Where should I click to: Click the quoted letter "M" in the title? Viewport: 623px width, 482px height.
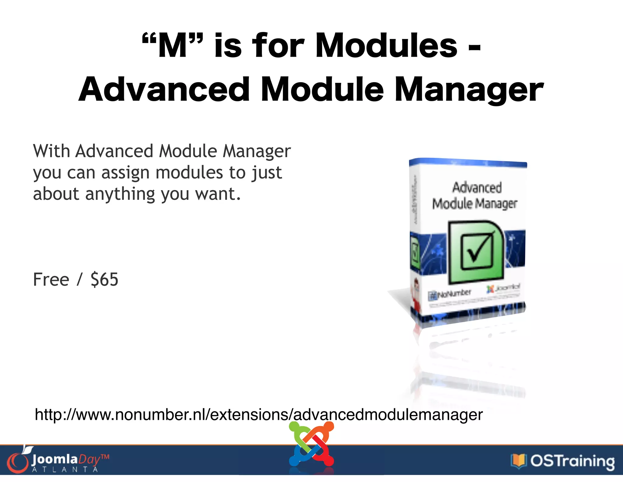coord(172,46)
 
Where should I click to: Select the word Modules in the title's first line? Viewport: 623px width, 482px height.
coord(386,46)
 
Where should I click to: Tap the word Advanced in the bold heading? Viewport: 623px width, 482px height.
coord(164,90)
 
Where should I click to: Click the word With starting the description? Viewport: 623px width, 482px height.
coord(51,151)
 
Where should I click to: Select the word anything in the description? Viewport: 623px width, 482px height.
coord(120,194)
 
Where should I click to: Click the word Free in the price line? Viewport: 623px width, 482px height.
coord(51,279)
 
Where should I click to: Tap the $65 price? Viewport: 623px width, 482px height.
coord(104,279)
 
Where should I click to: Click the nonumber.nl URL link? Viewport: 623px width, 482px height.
coord(259,415)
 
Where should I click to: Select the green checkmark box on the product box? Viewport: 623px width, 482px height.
coord(477,251)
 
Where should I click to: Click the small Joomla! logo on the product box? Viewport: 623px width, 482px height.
coord(503,288)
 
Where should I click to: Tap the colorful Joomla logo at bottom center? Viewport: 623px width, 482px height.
coord(311,444)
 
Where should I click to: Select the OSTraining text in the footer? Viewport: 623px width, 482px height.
coord(572,461)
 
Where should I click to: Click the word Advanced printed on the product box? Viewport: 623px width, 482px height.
coord(477,187)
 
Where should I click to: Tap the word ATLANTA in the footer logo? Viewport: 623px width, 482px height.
coord(65,470)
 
